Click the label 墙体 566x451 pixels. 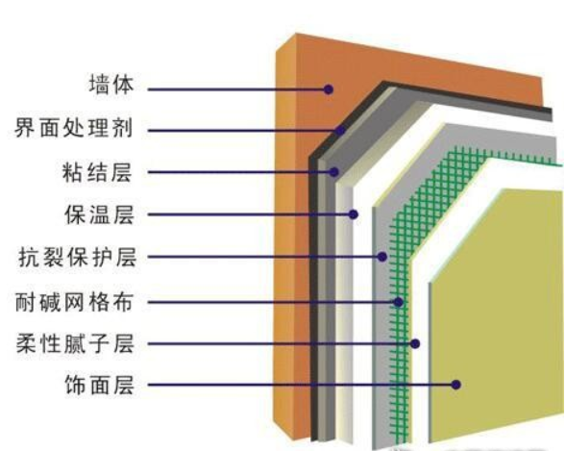111,85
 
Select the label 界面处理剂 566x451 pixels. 74,128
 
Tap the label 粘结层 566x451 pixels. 97,172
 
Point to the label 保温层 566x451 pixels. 99,214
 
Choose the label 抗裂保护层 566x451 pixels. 78,257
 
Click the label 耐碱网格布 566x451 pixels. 74,302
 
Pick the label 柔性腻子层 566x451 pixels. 75,343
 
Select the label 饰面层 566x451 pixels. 99,385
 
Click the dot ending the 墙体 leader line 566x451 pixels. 328,89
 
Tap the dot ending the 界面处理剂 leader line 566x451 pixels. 339,131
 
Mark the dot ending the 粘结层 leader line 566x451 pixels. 334,172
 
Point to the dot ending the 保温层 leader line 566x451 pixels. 353,214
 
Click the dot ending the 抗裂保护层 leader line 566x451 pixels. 382,257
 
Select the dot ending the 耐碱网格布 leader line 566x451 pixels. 398,302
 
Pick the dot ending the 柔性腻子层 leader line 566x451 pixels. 415,343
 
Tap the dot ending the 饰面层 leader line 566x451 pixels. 456,385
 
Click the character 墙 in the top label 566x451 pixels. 99,85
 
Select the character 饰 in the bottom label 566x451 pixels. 76,385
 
